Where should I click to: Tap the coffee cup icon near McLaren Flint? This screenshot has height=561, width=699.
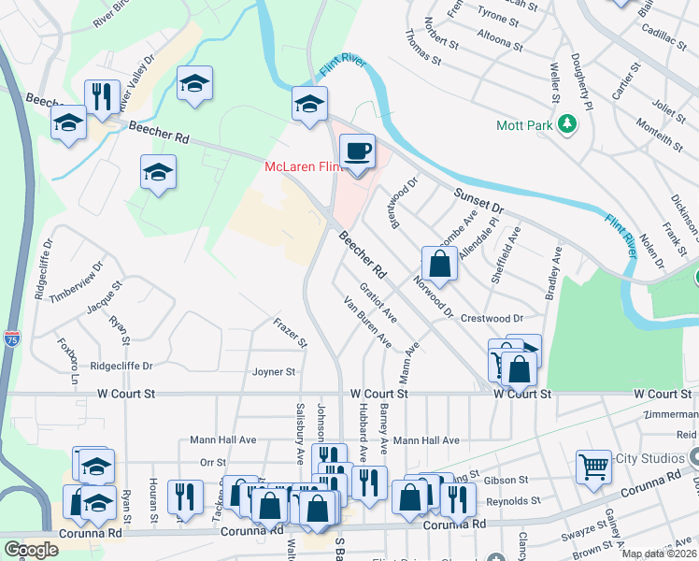tap(356, 151)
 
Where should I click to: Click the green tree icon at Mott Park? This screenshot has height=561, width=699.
tap(565, 123)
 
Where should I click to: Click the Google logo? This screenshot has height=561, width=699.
tap(31, 550)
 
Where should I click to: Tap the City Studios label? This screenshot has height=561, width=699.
tap(652, 458)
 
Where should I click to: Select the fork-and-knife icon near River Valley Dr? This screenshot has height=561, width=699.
tap(99, 96)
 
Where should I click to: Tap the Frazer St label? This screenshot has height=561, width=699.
tap(290, 333)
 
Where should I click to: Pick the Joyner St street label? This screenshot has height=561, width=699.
tap(274, 371)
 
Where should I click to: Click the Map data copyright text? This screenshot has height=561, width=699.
tap(659, 554)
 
